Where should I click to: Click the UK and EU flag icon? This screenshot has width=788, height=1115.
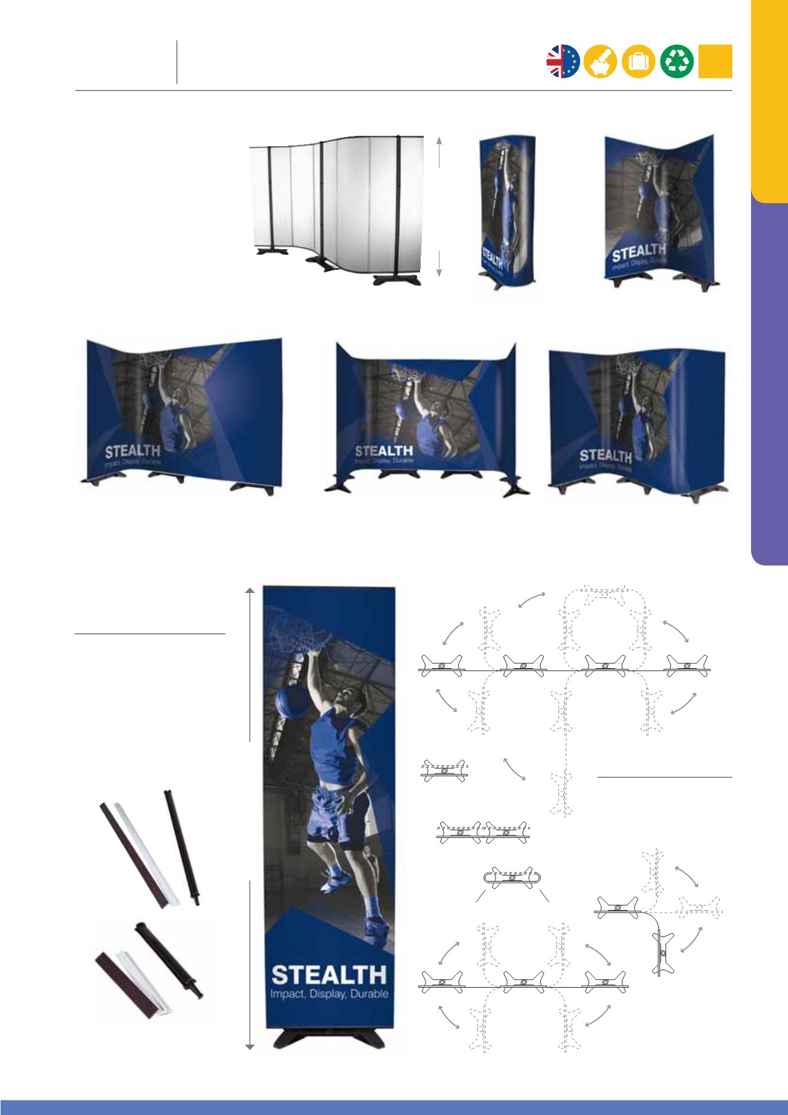pos(563,61)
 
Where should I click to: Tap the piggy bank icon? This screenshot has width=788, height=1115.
pos(601,61)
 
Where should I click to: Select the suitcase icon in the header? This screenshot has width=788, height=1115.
pos(639,61)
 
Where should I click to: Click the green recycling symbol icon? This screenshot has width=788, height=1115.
pos(677,61)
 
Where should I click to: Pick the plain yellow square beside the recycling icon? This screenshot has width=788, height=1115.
pos(715,61)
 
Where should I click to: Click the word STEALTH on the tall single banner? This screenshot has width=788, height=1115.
pos(329,975)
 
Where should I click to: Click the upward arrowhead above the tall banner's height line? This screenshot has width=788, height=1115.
pos(250,591)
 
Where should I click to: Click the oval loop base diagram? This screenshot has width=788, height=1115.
pos(512,878)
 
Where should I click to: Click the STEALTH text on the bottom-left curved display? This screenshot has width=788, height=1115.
pos(133,451)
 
